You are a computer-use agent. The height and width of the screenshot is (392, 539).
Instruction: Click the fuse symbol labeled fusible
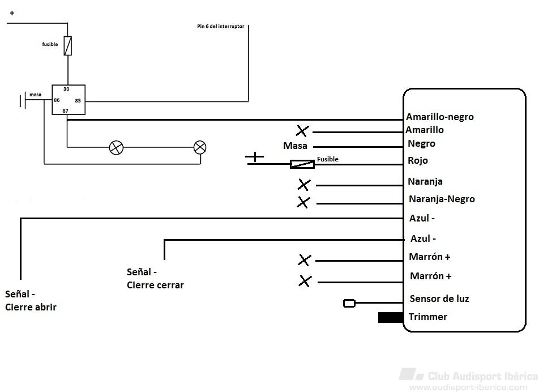[x=68, y=46]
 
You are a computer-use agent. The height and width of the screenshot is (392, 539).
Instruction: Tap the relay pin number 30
[x=66, y=89]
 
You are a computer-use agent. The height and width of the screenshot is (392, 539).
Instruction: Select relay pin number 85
[x=78, y=101]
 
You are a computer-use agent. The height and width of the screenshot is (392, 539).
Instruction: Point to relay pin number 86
[x=57, y=100]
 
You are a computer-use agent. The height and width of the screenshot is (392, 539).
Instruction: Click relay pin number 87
[x=65, y=110]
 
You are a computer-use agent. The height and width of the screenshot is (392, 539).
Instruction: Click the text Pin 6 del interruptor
[x=221, y=26]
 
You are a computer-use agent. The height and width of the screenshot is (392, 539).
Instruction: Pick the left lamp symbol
[x=116, y=147]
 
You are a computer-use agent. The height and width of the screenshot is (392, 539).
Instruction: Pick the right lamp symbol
[x=200, y=147]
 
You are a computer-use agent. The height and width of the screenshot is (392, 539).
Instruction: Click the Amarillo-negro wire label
[x=440, y=117]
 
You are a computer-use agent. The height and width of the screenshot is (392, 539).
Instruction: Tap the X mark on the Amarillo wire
[x=302, y=131]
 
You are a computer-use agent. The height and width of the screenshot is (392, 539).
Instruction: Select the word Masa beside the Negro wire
[x=295, y=146]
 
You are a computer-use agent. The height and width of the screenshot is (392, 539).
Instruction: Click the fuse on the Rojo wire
[x=302, y=164]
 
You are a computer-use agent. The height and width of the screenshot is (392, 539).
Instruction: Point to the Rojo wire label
[x=418, y=160]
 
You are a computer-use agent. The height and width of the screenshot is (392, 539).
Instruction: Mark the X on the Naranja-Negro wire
[x=303, y=202]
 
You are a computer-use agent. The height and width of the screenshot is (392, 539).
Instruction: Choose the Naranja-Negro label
[x=442, y=199]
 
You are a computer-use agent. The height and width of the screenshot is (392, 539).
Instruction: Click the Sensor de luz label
[x=439, y=299]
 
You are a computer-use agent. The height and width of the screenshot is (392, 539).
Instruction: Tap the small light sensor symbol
[x=349, y=303]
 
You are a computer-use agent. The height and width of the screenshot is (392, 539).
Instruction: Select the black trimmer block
[x=391, y=317]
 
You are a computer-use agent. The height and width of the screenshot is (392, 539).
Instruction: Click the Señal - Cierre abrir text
[x=31, y=301]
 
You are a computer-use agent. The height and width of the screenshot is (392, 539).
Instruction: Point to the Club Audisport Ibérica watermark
[x=468, y=380]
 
